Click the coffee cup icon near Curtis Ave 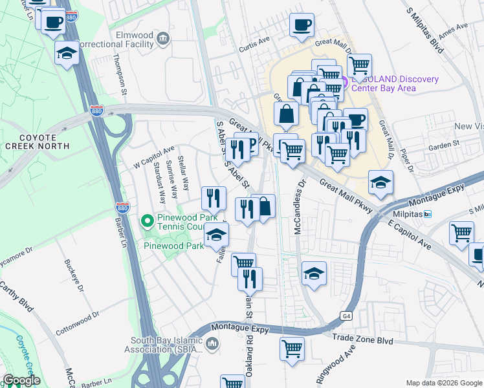(302, 25)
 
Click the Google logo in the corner (21, 380)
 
